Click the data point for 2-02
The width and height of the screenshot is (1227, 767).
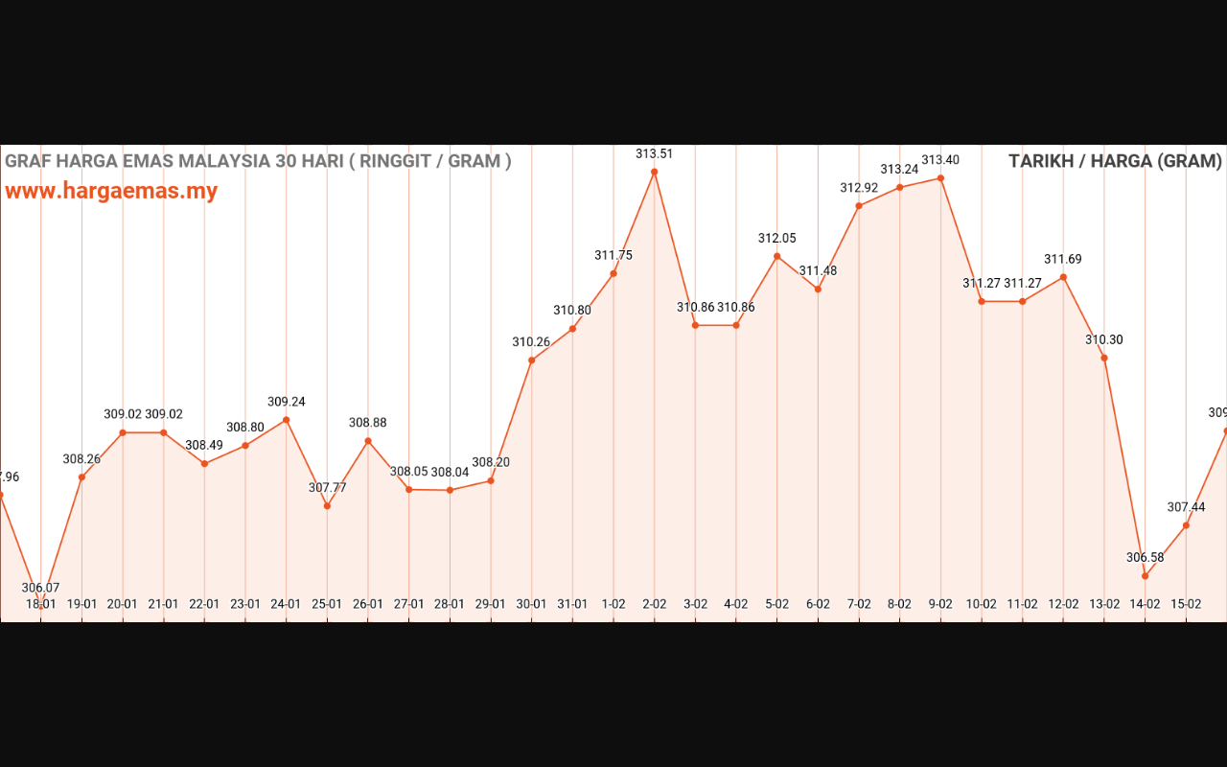point(655,173)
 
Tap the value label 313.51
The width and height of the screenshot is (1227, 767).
point(655,153)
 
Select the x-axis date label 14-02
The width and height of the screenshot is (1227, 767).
point(1145,604)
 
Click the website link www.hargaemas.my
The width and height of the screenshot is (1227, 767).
point(111,191)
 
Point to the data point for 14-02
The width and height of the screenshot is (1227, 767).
point(1145,576)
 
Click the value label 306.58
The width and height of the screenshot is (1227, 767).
point(1145,557)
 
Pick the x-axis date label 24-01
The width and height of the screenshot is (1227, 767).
point(286,604)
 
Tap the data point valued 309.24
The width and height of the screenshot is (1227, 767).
point(286,420)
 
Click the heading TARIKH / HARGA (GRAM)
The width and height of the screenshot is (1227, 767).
point(1115,161)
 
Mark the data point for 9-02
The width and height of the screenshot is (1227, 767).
point(941,178)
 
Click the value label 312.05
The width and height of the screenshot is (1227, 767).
point(776,238)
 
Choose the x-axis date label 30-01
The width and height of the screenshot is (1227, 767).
point(531,604)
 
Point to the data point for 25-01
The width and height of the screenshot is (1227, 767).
point(327,506)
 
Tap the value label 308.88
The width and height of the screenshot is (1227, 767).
point(368,422)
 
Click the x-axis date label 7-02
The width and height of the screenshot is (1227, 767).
point(859,604)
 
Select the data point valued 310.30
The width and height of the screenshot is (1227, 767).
point(1104,359)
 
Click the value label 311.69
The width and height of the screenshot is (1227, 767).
point(1063,259)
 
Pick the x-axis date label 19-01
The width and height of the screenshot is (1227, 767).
point(81,604)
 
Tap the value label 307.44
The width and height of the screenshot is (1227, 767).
point(1186,507)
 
